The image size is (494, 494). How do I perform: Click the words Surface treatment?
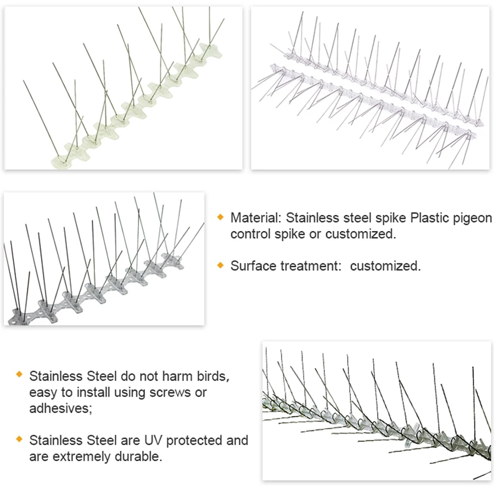click(283, 266)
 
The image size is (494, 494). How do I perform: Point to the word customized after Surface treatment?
click(385, 266)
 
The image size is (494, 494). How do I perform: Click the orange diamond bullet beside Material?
click(221, 217)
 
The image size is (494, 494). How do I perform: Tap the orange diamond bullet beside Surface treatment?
click(221, 265)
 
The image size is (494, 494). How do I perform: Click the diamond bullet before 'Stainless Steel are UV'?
click(19, 439)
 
